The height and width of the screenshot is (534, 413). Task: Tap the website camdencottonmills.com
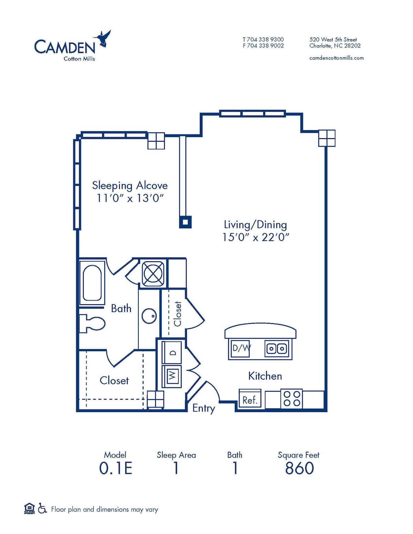(x=336, y=58)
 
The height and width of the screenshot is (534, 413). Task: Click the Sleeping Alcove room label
(x=130, y=185)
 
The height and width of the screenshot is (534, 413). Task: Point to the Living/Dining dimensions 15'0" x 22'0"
(x=255, y=237)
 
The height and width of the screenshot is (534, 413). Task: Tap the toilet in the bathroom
(x=92, y=324)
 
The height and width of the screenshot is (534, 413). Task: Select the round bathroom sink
(x=149, y=316)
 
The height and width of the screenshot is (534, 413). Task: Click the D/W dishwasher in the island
(x=240, y=348)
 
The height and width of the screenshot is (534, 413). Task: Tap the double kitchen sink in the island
(x=277, y=349)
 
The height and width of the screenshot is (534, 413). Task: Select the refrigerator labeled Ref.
(x=250, y=400)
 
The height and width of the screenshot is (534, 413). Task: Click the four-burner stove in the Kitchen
(x=292, y=399)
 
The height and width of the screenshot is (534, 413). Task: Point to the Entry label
(x=203, y=408)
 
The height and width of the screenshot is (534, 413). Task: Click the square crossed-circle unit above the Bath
(x=153, y=274)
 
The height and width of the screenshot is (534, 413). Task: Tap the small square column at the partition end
(x=185, y=222)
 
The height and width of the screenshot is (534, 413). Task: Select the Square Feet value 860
(x=299, y=468)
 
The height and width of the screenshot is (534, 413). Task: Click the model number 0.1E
(x=116, y=468)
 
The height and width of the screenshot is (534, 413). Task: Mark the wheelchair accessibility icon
(x=42, y=508)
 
